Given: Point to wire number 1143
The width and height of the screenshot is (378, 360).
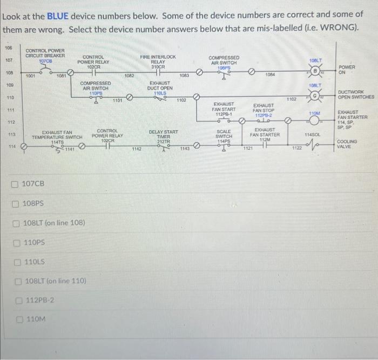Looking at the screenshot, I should (185, 149).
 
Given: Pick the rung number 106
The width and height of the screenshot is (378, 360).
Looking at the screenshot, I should (9, 48).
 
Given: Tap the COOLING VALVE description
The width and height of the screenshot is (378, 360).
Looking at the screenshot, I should (348, 143).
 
